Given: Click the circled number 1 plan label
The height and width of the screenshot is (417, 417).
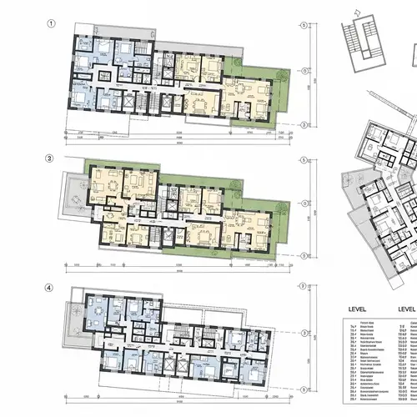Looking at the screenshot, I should (x=52, y=23).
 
